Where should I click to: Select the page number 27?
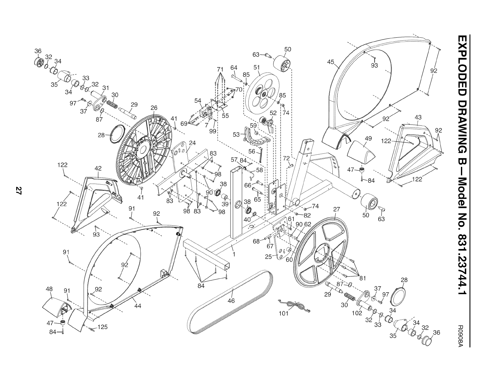tap(19, 191)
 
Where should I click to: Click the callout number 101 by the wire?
tap(284, 313)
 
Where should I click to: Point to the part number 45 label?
tap(331, 62)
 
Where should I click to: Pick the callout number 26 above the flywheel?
tap(154, 108)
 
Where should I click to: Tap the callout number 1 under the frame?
tap(233, 254)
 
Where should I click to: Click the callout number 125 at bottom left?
tap(103, 327)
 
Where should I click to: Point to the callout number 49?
tap(369, 139)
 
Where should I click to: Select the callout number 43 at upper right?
tap(418, 117)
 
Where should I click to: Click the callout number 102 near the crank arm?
tap(357, 313)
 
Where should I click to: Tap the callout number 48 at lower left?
tap(49, 289)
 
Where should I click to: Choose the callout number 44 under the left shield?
tap(138, 306)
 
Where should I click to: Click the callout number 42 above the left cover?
tap(98, 168)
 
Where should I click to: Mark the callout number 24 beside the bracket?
tap(192, 143)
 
